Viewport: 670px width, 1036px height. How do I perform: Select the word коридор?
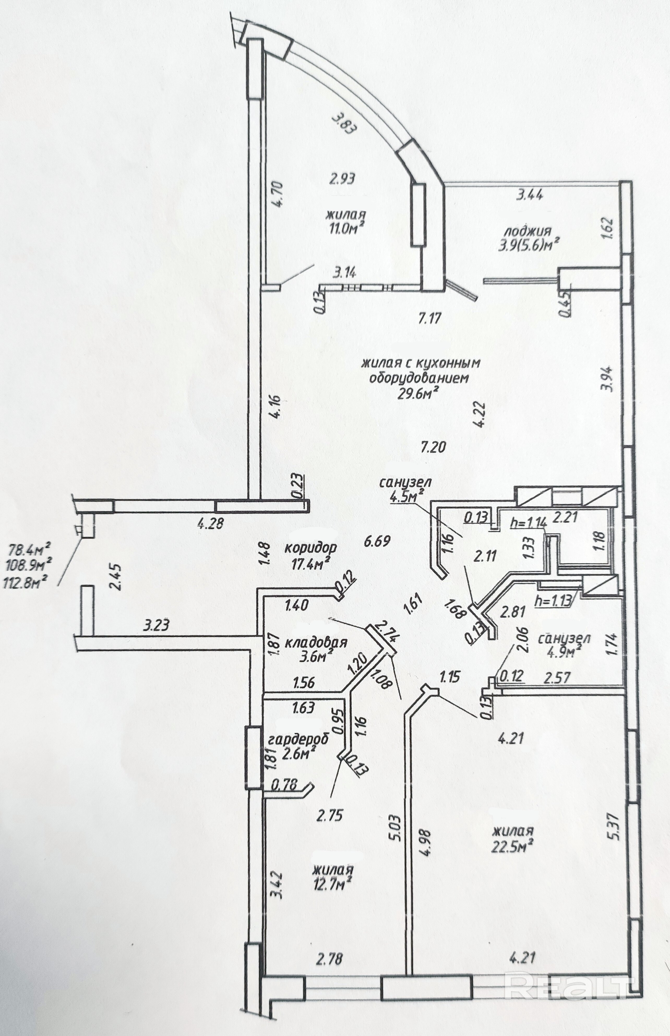(310, 548)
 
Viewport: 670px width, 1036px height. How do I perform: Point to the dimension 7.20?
(433, 447)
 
